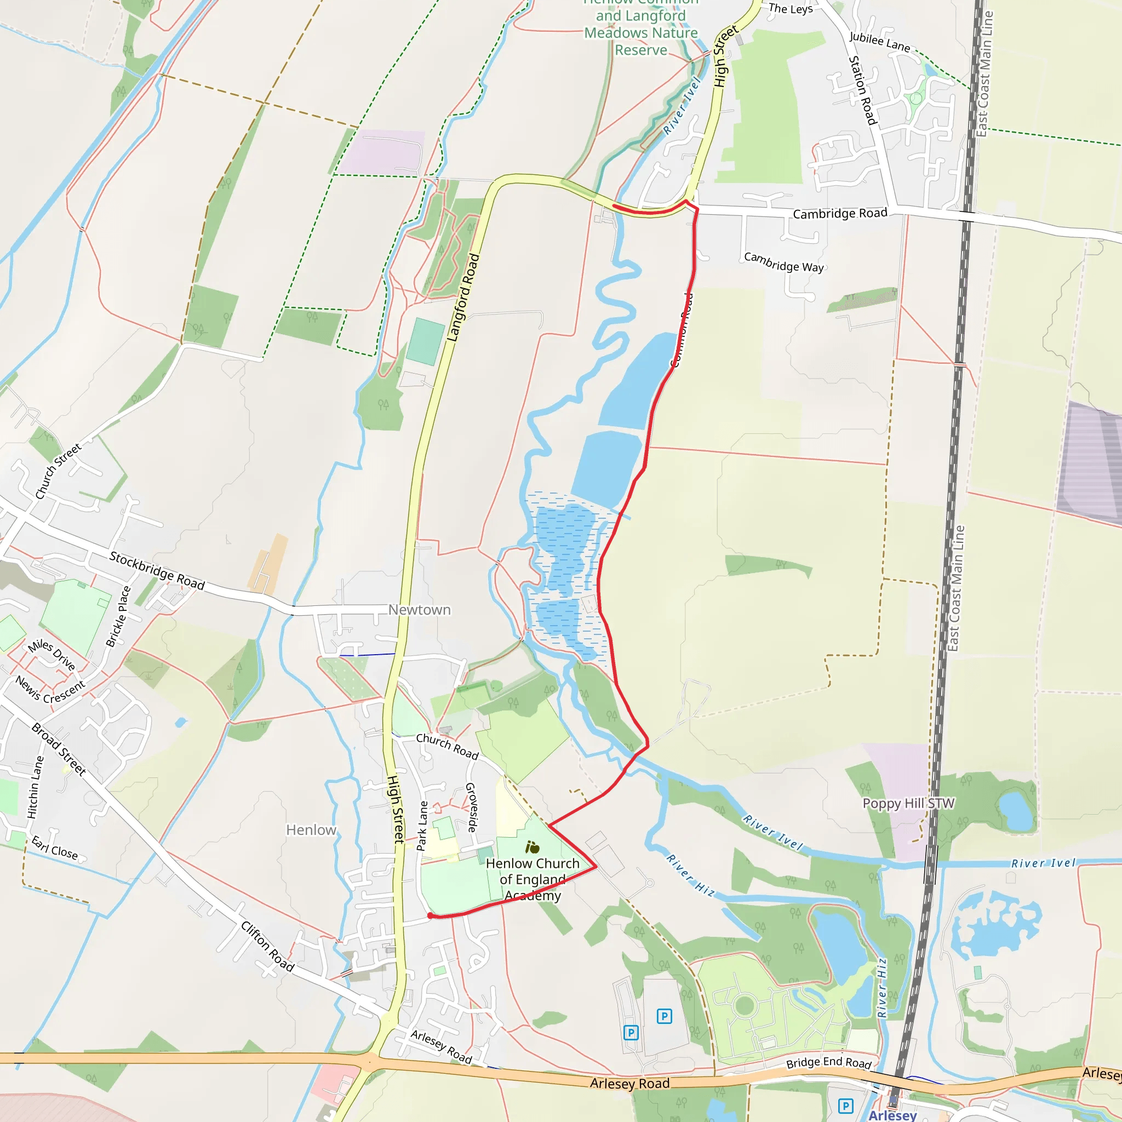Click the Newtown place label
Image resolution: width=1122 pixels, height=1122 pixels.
(419, 610)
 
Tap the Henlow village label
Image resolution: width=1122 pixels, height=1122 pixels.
(311, 830)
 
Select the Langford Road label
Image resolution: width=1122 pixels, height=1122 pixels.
(463, 297)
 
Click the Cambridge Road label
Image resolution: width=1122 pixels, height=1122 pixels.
(840, 214)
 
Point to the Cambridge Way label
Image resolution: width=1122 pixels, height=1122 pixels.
(783, 262)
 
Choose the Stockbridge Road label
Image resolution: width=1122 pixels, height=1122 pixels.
(157, 570)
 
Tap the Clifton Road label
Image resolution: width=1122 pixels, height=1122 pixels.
(268, 946)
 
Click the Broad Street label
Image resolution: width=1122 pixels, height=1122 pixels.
(59, 748)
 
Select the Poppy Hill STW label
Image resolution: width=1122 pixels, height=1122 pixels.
(908, 803)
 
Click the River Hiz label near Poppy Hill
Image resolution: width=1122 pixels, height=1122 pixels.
(690, 875)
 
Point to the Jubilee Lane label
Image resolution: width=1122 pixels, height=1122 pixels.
(879, 41)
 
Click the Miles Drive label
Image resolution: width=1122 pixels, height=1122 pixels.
(51, 655)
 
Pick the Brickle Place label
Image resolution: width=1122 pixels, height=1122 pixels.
(118, 616)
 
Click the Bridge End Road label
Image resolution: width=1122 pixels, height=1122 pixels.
(829, 1062)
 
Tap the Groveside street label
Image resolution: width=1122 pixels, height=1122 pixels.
(472, 807)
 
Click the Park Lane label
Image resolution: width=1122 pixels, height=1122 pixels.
(422, 826)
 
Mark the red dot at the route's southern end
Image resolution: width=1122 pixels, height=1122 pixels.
(430, 916)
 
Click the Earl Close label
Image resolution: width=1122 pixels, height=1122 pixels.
(55, 848)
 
